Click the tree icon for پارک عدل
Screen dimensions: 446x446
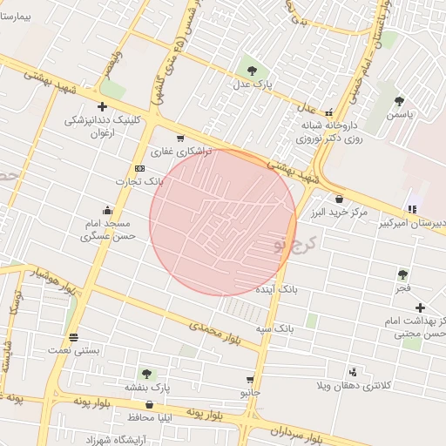(252, 71)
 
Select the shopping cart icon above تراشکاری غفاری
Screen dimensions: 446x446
(180, 139)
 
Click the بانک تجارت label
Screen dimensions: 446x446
(139, 180)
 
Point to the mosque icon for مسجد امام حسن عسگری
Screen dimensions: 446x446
(107, 209)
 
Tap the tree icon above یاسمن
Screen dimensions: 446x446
(399, 101)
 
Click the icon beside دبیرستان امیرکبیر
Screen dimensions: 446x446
(412, 208)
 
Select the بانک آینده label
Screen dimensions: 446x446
(278, 287)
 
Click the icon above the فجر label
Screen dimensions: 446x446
(402, 274)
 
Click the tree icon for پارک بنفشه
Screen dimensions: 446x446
(145, 374)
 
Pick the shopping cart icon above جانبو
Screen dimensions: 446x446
(251, 380)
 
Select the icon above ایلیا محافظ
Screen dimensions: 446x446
(150, 405)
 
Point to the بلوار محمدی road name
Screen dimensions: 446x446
(213, 331)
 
